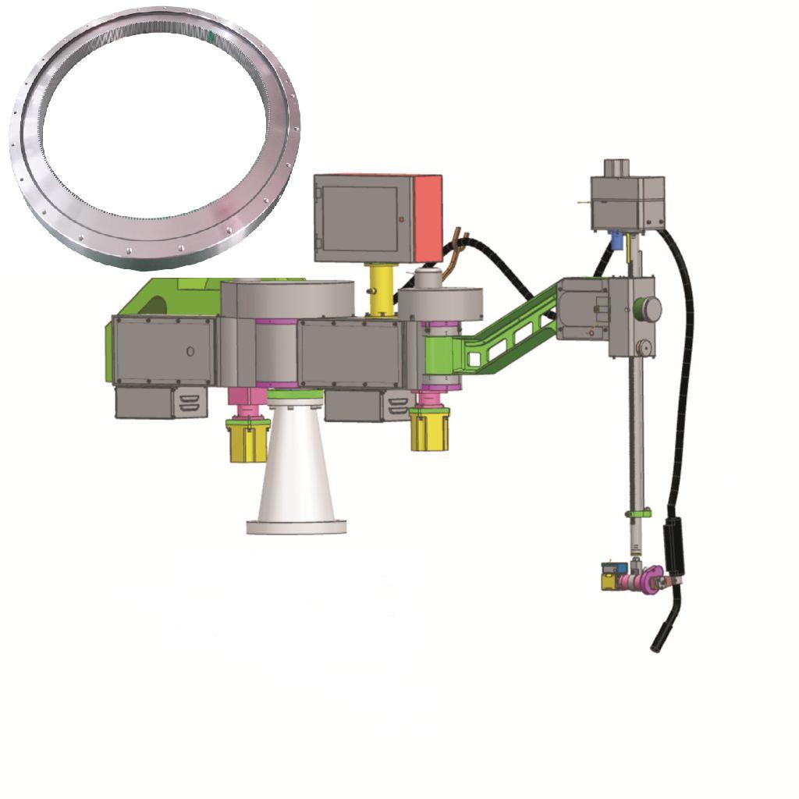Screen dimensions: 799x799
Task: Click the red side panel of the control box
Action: [428, 217]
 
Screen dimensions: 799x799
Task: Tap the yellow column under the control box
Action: [381, 289]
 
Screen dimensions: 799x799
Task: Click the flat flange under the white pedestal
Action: [296, 527]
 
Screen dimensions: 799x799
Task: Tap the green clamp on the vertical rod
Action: [637, 513]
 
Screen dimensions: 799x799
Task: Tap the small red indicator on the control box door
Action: [402, 220]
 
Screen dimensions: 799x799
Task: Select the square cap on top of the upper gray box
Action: [616, 167]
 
